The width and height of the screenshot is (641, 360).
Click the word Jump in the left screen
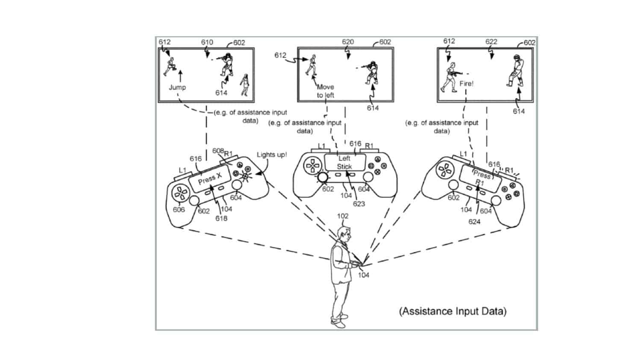(x=177, y=87)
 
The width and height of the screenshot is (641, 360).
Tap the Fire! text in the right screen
(x=466, y=84)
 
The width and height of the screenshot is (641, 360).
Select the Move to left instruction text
(x=325, y=91)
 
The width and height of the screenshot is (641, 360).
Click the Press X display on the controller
(x=210, y=179)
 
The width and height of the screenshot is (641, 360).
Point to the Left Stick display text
(x=344, y=162)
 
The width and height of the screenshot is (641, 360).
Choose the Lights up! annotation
(x=272, y=155)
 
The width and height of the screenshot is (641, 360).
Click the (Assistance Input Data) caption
(x=453, y=311)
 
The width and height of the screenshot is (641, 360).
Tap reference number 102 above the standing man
(x=343, y=216)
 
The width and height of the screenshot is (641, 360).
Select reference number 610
(x=207, y=42)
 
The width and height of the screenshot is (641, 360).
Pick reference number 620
(x=348, y=42)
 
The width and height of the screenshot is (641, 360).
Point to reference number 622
(x=491, y=42)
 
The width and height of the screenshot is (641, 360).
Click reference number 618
(x=221, y=218)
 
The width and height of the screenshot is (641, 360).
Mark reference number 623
(x=359, y=204)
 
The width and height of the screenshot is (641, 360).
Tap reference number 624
(x=474, y=222)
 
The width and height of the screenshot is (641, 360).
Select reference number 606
(x=179, y=210)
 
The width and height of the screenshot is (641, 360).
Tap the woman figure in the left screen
(x=245, y=85)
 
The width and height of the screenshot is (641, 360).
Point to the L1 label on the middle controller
(x=322, y=146)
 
